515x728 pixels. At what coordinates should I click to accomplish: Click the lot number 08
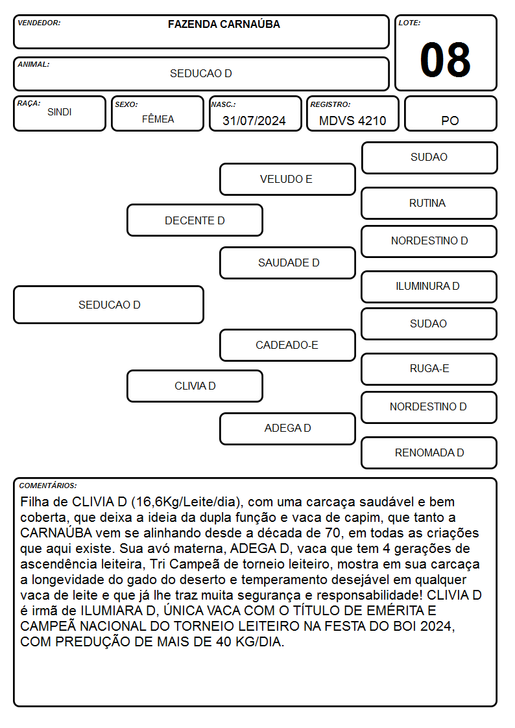click(445, 60)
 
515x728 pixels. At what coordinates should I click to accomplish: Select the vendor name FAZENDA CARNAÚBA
click(224, 24)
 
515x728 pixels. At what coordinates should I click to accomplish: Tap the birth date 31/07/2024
click(254, 121)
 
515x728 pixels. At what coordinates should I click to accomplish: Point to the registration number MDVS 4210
click(352, 121)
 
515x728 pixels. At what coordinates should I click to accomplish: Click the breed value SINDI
click(60, 112)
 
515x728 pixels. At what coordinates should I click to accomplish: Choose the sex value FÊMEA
click(158, 119)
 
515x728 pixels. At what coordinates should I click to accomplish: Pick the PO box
click(450, 113)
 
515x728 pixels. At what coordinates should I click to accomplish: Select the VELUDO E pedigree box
click(287, 179)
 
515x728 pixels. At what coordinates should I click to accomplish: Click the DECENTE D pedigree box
click(195, 220)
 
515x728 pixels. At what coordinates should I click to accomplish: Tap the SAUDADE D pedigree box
click(287, 263)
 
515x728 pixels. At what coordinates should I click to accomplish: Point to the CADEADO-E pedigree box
click(287, 345)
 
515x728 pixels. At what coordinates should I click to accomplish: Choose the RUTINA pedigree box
click(429, 204)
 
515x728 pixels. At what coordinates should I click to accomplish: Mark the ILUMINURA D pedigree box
click(429, 287)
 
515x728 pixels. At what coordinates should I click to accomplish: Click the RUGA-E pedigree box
click(429, 369)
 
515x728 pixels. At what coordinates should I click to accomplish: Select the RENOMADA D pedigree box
click(429, 452)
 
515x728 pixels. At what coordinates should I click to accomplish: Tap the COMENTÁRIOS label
click(48, 486)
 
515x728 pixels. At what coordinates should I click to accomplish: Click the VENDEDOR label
click(39, 23)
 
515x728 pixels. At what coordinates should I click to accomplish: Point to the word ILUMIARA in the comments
click(112, 611)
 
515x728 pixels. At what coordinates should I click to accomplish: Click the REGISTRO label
click(330, 105)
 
